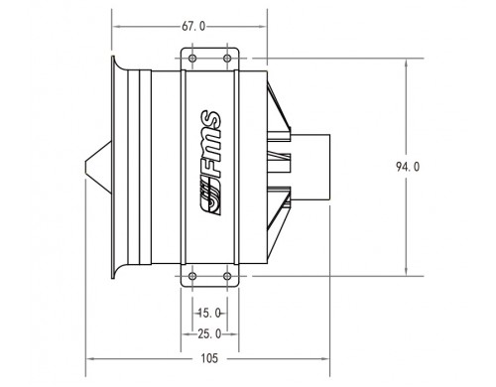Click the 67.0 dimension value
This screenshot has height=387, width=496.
[193, 26]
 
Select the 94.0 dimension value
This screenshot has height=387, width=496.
[408, 167]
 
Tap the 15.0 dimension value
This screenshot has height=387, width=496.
[209, 313]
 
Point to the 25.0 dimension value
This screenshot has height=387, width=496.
[209, 334]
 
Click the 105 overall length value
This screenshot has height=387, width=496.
[209, 358]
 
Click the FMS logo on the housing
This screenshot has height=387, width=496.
[210, 163]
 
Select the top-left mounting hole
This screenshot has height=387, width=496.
[192, 59]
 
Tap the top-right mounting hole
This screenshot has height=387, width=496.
[227, 59]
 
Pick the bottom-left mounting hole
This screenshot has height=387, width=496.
[192, 276]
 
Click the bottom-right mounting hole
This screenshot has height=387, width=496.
[227, 276]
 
